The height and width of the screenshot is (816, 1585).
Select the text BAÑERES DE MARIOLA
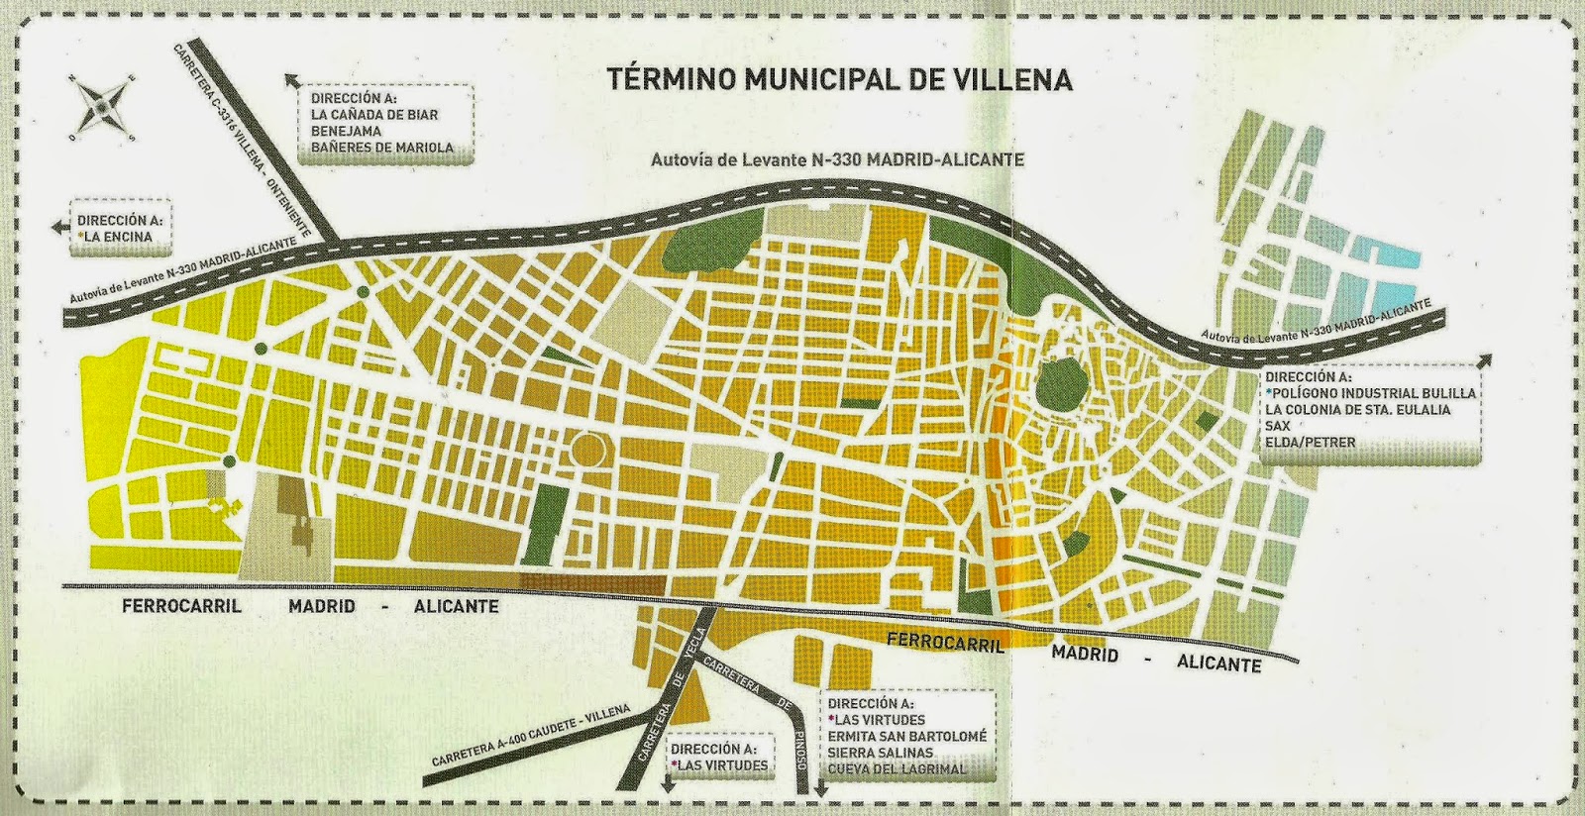[381, 148]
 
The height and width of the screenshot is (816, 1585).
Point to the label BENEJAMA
[345, 131]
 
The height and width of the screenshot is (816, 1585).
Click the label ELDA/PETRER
[1310, 442]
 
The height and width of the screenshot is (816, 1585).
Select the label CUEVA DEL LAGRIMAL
[897, 768]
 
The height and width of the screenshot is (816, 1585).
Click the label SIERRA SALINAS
[881, 753]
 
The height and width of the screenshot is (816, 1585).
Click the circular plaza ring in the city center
[589, 451]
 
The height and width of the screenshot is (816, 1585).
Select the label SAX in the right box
[1278, 425]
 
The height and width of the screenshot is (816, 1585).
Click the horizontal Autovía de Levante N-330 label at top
[837, 159]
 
